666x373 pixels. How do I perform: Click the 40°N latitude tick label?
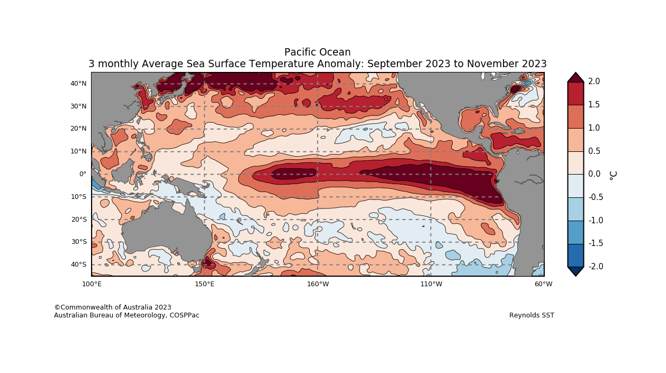tap(78, 84)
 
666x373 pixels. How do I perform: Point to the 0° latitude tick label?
tap(83, 174)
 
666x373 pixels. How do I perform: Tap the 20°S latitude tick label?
tap(78, 220)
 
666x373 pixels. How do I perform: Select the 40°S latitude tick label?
tap(78, 265)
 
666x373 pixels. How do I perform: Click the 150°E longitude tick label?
tap(204, 284)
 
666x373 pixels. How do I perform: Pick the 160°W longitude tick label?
tap(318, 284)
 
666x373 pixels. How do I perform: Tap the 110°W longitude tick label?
tap(431, 284)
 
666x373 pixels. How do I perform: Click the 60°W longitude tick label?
tap(543, 284)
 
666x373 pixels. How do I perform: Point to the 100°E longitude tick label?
tap(92, 284)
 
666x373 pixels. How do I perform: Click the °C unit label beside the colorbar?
tap(613, 175)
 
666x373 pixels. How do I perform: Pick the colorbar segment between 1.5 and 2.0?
tap(575, 93)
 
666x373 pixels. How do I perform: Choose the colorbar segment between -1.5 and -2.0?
tap(575, 255)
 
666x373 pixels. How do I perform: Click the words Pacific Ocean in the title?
tap(317, 52)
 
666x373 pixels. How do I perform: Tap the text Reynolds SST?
tap(532, 315)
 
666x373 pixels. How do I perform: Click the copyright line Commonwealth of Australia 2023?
tap(113, 307)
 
